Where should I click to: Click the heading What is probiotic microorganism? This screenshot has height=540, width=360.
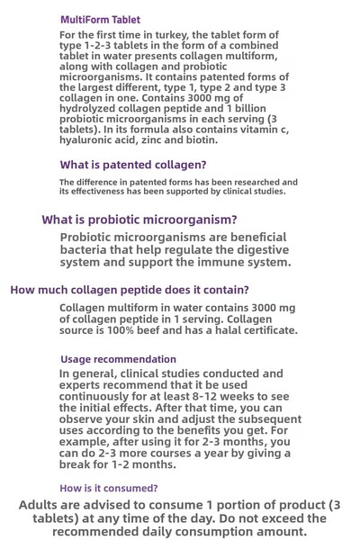[139, 220]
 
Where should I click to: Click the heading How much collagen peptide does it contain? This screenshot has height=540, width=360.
[130, 290]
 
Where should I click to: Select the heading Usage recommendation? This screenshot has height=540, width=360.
[118, 359]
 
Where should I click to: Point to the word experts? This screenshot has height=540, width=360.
[83, 384]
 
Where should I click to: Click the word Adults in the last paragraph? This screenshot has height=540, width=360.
[44, 505]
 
